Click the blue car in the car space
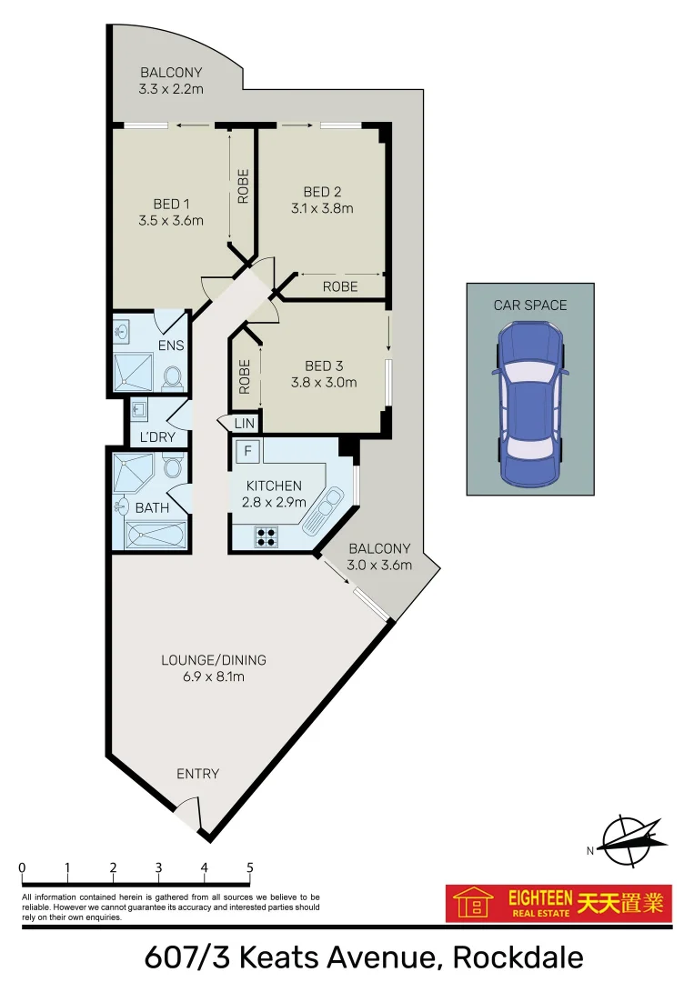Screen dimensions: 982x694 [x=529, y=405]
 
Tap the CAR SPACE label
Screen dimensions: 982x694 [x=529, y=305]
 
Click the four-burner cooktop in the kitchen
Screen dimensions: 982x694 [x=267, y=537]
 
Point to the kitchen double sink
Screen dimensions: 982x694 [x=326, y=511]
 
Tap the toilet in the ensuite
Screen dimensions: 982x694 [x=173, y=376]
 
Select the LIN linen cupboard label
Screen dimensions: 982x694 [x=245, y=424]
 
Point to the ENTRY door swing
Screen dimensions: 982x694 [x=188, y=811]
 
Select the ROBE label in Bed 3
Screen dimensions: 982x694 [x=243, y=376]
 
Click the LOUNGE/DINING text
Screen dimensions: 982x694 [x=214, y=660]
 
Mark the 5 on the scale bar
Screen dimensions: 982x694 [x=249, y=867]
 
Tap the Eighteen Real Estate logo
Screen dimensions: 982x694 [x=558, y=904]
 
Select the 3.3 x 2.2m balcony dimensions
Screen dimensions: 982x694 [x=171, y=89]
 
